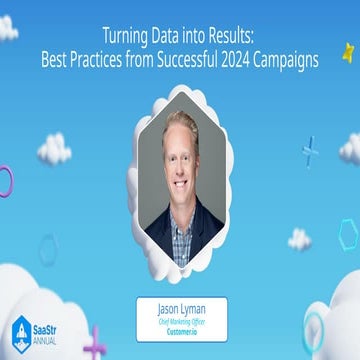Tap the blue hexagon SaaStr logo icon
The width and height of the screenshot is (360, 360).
click(x=21, y=334)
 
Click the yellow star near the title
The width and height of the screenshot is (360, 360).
click(x=348, y=50)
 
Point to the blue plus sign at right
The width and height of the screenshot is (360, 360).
click(x=311, y=150)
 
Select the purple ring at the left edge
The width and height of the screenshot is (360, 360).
click(x=4, y=180)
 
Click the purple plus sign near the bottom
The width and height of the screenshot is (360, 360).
click(x=96, y=343)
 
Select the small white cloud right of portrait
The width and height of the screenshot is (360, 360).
click(x=299, y=239)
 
